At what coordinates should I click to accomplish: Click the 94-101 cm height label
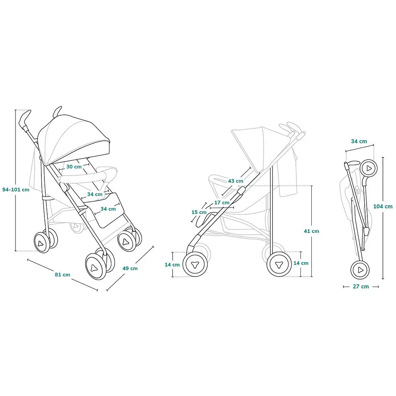pos(16,189)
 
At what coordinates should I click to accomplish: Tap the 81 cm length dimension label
pos(62,275)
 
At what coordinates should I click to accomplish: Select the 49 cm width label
pos(130,268)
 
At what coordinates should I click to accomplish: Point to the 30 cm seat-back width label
pos(74,167)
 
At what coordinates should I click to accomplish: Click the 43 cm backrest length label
pos(236,181)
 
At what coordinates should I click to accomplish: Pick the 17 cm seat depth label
pos(222,203)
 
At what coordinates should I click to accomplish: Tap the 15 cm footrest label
pos(199,212)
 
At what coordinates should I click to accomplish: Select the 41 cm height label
pos(311,231)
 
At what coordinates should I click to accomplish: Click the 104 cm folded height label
pos(383,207)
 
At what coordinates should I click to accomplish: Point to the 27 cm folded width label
pos(361,287)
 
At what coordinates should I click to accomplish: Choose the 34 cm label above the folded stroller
pos(359,142)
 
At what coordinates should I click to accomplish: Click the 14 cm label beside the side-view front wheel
pos(172,265)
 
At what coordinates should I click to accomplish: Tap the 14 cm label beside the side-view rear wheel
pos(301,263)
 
